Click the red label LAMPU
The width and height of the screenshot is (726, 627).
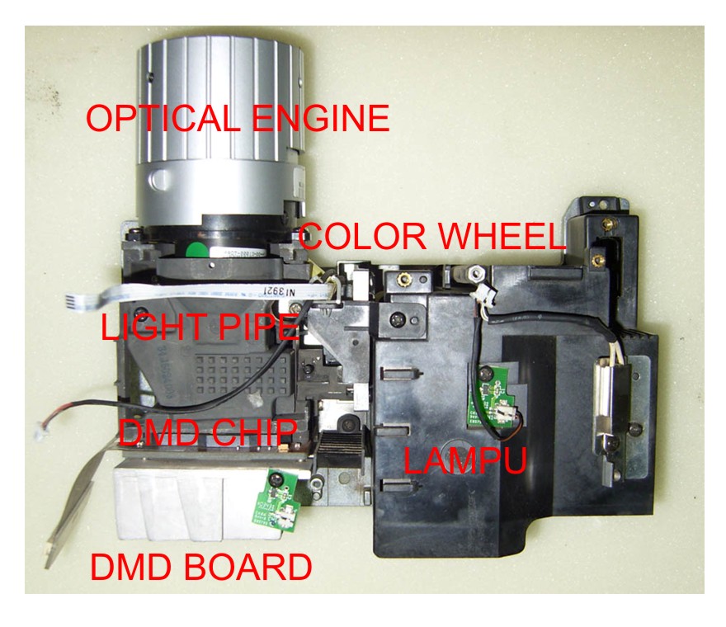(x=464, y=460)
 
